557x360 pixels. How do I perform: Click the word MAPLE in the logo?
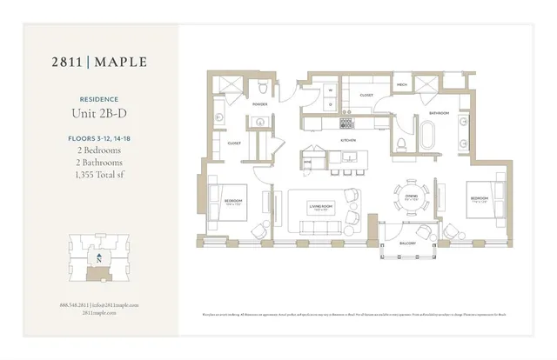pos(120,62)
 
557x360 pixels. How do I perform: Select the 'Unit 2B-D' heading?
pos(100,113)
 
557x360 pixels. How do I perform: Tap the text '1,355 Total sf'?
pos(100,175)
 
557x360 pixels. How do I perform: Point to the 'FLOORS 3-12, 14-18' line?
pos(100,138)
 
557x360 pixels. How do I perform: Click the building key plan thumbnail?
pos(99,258)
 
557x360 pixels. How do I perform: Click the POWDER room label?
pos(259,104)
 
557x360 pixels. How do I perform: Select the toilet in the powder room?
pos(264,86)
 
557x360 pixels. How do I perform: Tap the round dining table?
pos(411,196)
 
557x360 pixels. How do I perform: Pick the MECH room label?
pos(401,85)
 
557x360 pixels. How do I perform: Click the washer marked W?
pos(331,90)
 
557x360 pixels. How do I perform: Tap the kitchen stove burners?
pos(347,112)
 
